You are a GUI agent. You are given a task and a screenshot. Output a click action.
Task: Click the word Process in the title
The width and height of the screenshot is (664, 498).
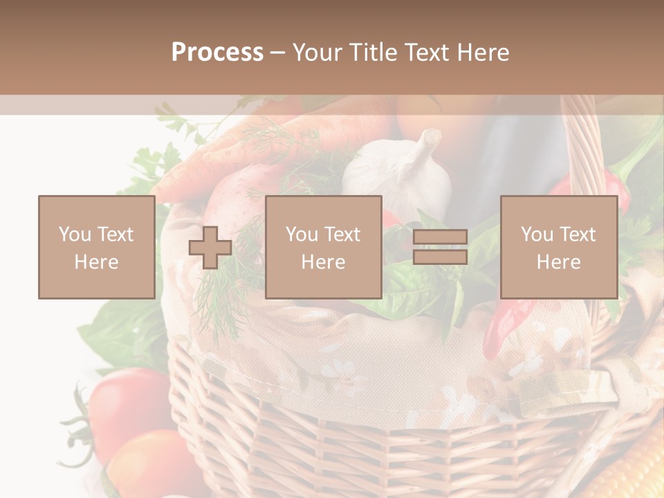click(217, 53)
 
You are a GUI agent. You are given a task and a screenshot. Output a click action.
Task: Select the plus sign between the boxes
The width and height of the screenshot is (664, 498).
click(210, 248)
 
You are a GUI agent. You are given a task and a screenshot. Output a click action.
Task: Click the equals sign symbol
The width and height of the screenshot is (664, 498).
click(440, 248)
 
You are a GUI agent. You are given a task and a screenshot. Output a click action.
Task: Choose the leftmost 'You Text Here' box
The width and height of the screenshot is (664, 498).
click(96, 247)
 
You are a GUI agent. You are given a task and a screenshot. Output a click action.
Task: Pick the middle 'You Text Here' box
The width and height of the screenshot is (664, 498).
click(323, 247)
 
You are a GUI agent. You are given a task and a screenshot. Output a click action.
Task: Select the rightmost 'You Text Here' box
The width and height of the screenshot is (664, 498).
click(558, 247)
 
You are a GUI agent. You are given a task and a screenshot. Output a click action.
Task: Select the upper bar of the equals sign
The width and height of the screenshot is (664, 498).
click(440, 238)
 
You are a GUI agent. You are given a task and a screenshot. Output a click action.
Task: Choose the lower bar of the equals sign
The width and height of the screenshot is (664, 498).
click(440, 257)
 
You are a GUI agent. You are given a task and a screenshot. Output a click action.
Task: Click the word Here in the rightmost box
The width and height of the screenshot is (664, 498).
click(558, 262)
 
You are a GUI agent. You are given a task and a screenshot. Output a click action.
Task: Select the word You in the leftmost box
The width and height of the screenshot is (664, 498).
click(73, 234)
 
